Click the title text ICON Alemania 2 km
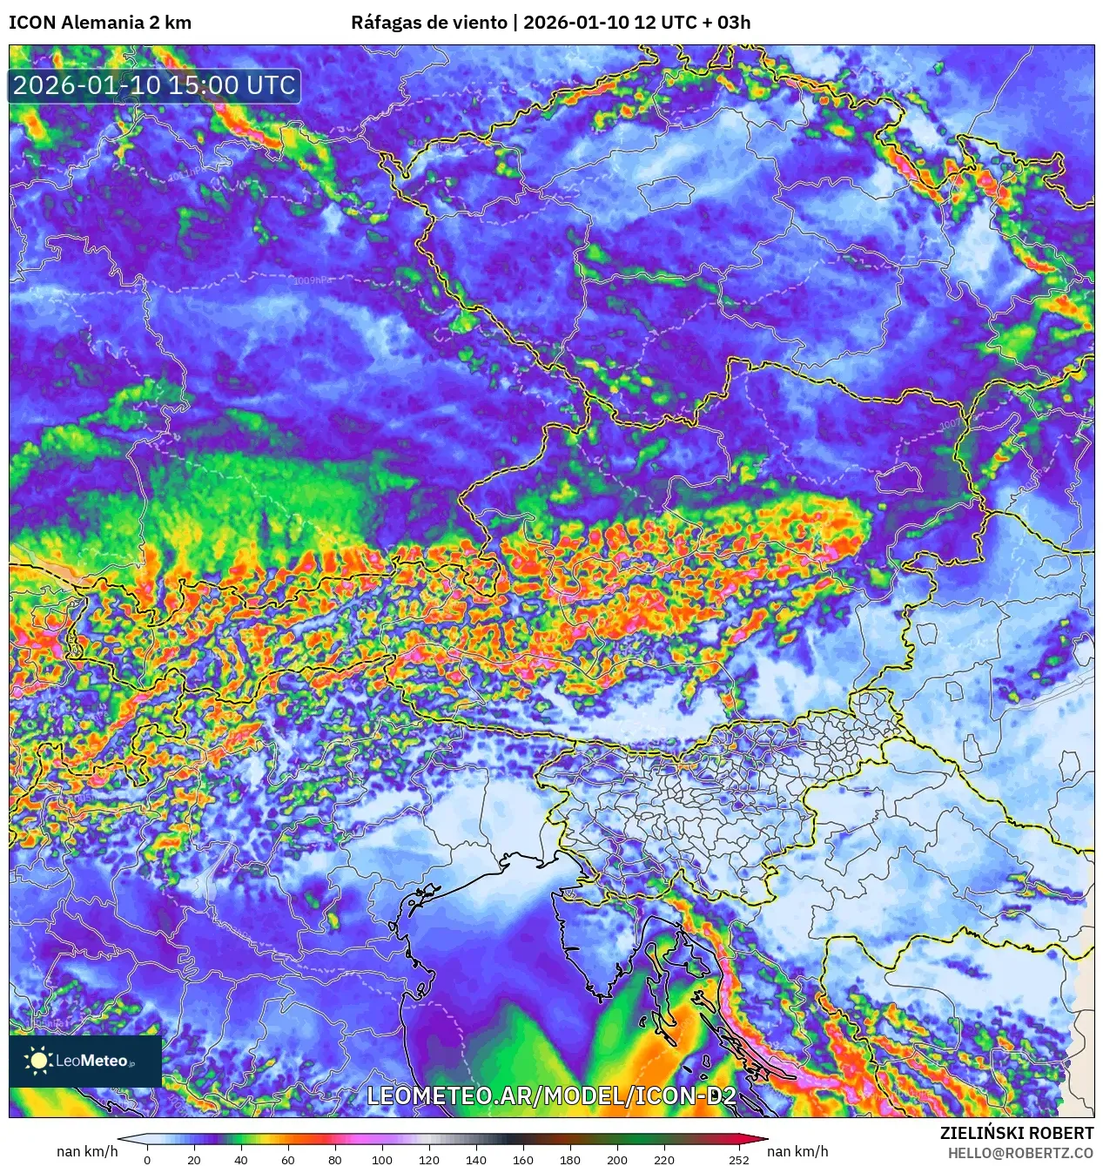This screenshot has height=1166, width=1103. (100, 23)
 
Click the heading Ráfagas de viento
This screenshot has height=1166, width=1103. (428, 23)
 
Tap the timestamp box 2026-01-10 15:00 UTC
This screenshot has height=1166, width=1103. (154, 85)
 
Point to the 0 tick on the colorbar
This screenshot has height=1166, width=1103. (146, 1159)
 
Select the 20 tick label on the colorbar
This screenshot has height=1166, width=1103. (193, 1159)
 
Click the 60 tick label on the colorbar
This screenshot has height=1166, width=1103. (287, 1159)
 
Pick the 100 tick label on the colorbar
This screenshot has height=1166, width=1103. (381, 1159)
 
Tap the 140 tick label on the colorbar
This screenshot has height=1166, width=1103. (475, 1159)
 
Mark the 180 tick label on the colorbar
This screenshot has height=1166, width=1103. (569, 1159)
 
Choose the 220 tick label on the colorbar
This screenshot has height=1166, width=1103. (663, 1159)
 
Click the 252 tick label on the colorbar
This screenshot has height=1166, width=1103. (738, 1159)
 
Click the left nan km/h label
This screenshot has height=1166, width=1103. (87, 1151)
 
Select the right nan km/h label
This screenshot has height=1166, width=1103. (797, 1151)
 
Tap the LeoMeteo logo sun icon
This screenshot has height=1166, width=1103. (38, 1060)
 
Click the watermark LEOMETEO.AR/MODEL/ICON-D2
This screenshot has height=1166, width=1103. (551, 1095)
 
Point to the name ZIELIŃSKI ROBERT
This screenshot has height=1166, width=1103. (1016, 1133)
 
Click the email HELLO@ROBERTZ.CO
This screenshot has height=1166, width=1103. (1020, 1153)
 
